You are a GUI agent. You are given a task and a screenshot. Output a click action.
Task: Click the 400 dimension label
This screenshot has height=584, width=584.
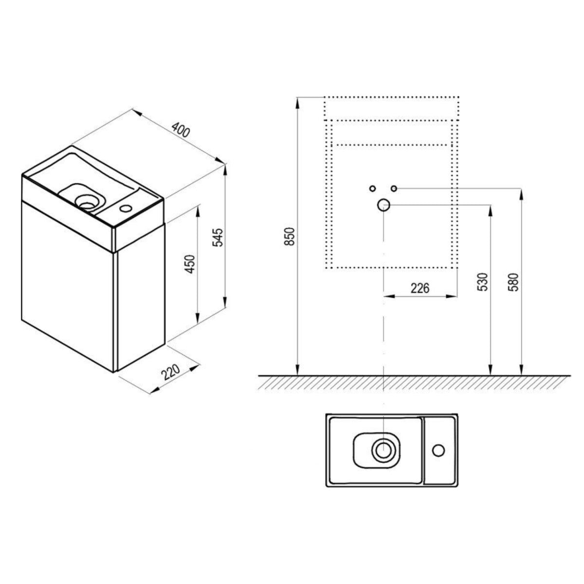[x=181, y=129]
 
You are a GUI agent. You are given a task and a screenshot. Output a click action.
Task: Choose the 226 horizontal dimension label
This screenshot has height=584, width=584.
[x=420, y=288]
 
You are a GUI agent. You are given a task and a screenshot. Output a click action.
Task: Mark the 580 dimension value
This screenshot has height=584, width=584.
[x=514, y=282]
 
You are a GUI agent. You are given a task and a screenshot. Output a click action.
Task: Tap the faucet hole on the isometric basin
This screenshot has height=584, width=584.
[x=125, y=208]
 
